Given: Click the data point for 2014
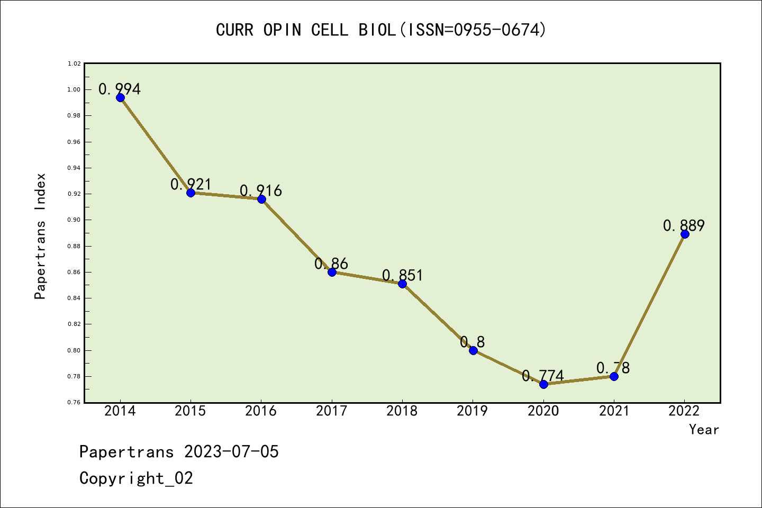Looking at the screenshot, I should (x=120, y=97).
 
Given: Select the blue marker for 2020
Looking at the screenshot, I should (x=543, y=384).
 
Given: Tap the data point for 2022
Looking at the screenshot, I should (x=685, y=234).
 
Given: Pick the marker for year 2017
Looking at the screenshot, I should (x=332, y=272).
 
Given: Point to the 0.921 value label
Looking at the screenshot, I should (x=190, y=184).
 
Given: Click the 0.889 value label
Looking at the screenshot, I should (x=684, y=225).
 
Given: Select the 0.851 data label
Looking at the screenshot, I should (x=403, y=275).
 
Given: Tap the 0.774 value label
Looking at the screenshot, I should (x=543, y=376).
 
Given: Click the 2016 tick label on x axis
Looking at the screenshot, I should (x=261, y=411).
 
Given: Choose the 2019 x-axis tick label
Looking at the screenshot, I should (x=473, y=411).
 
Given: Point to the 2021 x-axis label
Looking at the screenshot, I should (x=614, y=411).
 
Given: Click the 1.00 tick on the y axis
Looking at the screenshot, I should (x=74, y=89).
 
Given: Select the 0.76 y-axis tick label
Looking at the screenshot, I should (x=74, y=403).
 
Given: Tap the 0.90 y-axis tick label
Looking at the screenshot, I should (x=74, y=220).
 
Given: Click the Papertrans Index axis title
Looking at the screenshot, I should (x=40, y=236).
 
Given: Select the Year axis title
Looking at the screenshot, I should (x=704, y=430).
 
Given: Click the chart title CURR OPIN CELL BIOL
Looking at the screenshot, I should (x=381, y=30).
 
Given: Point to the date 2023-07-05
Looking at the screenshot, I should (x=231, y=452).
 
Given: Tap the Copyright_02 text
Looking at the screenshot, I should (x=136, y=478).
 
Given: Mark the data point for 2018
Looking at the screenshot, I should (x=402, y=284).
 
